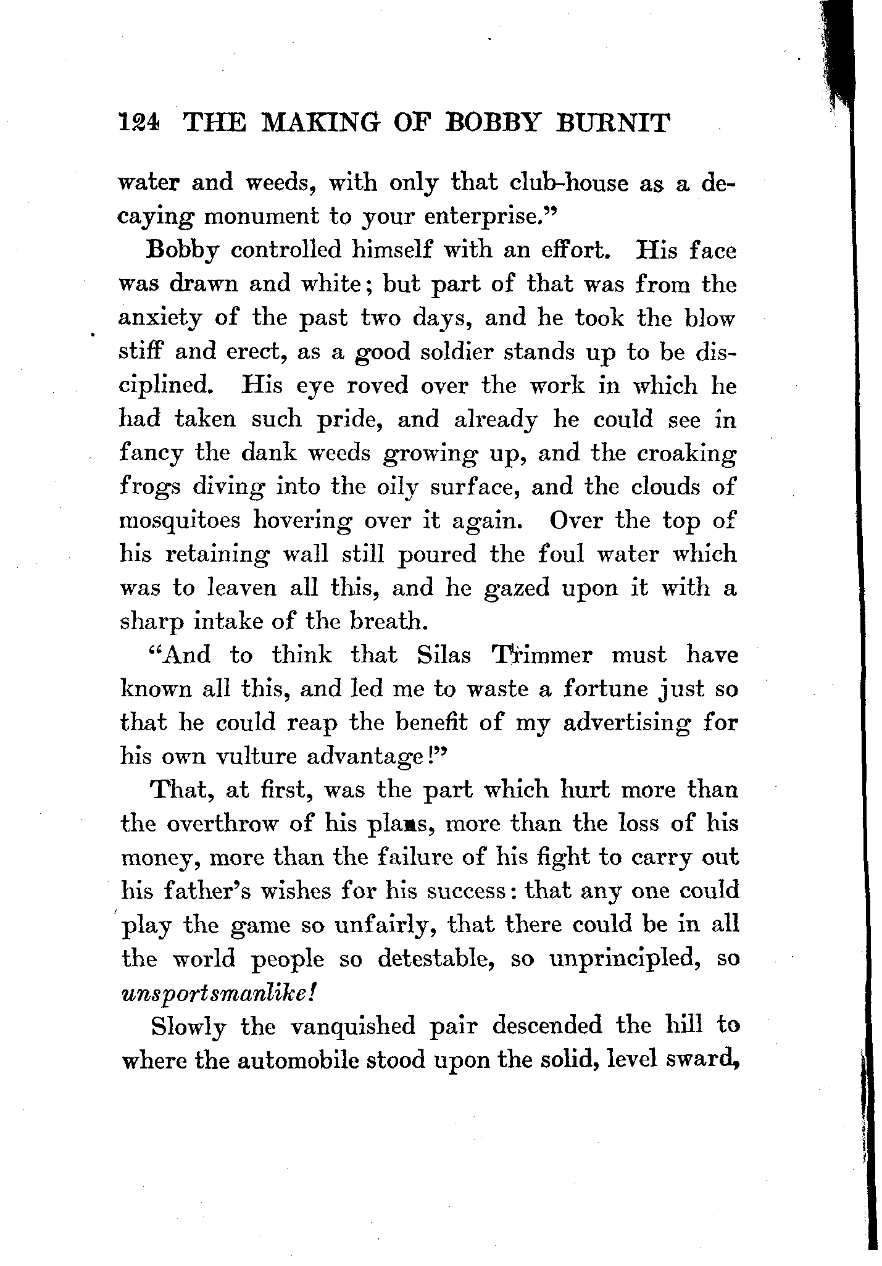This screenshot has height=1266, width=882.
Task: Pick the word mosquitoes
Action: tap(180, 520)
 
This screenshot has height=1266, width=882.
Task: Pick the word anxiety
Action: tap(160, 319)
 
